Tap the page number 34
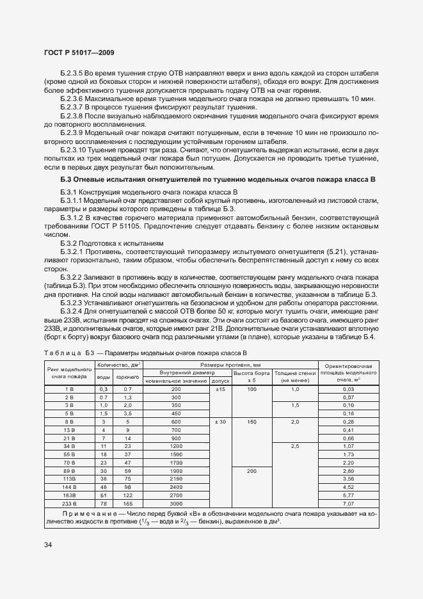[49, 545]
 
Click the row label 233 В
[70, 504]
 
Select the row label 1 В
[70, 389]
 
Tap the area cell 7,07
[348, 504]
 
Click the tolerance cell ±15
[219, 389]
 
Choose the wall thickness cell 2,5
[295, 445]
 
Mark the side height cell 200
[251, 470]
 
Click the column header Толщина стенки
[295, 372]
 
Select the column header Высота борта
[251, 372]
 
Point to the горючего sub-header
[127, 378]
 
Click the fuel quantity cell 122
[127, 495]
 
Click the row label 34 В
[70, 445]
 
